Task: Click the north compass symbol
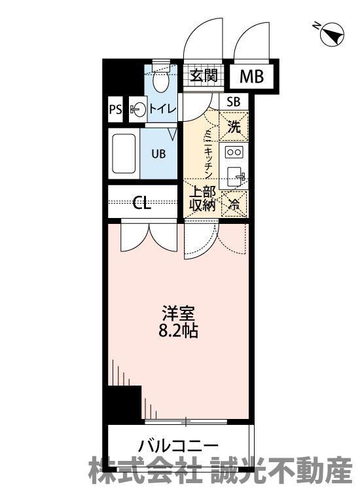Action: [331, 34]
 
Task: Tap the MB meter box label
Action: [252, 76]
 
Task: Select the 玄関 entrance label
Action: [204, 75]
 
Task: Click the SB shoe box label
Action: [234, 101]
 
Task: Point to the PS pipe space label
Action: [115, 109]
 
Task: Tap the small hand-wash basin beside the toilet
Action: [137, 109]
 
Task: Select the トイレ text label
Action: [162, 109]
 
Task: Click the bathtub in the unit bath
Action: [124, 153]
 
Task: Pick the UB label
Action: [158, 154]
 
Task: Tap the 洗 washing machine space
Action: [234, 126]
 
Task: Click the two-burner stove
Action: [234, 153]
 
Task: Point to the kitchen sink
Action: [235, 176]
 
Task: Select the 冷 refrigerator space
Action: [234, 204]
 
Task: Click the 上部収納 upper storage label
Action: [202, 198]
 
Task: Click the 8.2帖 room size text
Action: [178, 331]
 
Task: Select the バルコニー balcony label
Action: [178, 446]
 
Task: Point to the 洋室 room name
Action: [179, 313]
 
